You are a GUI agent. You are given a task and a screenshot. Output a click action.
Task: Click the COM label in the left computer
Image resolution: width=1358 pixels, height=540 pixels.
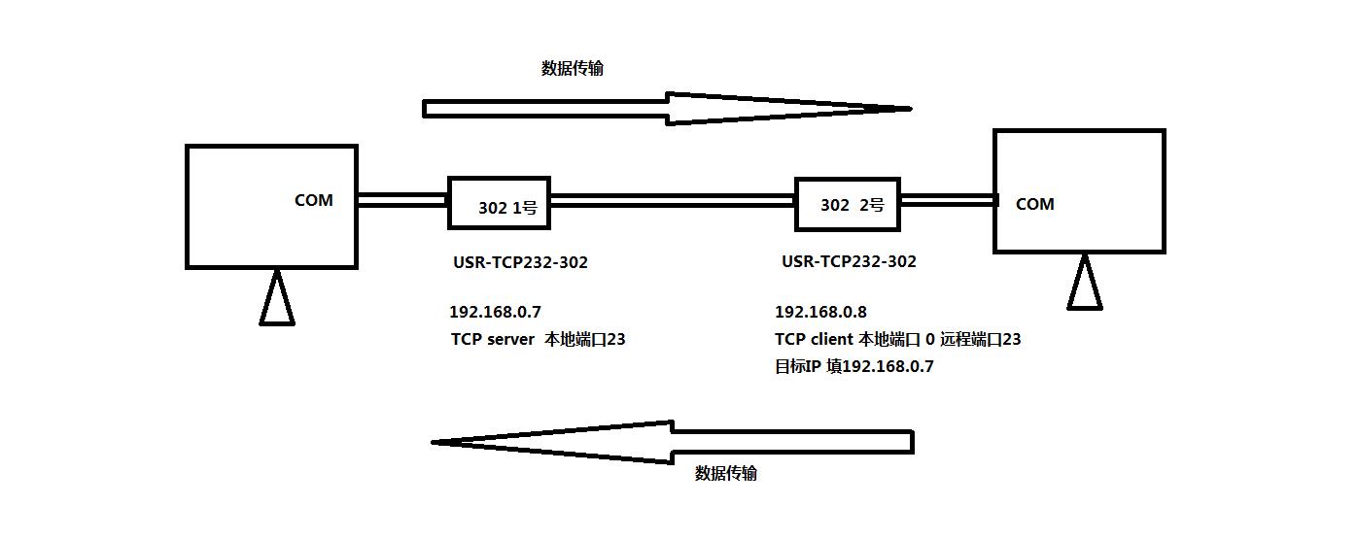click(x=313, y=200)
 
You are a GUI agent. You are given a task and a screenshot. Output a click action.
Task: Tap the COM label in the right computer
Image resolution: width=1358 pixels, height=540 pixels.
click(x=1034, y=204)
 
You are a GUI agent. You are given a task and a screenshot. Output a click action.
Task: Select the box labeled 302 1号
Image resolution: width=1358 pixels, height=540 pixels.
click(x=499, y=203)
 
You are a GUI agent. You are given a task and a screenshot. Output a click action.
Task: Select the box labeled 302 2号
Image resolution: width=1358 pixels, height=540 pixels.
click(x=847, y=204)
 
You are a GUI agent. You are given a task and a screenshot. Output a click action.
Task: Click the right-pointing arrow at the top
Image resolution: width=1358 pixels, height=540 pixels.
click(x=667, y=109)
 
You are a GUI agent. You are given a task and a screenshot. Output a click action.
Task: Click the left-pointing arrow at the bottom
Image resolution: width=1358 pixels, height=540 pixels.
click(x=673, y=442)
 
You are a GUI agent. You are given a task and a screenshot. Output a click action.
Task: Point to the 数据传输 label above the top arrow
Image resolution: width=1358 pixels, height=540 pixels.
click(x=573, y=68)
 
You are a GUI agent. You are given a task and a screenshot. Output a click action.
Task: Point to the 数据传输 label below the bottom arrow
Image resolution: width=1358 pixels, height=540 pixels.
click(x=726, y=473)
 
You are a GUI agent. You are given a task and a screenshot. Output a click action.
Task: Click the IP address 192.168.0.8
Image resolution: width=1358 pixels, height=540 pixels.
click(x=820, y=312)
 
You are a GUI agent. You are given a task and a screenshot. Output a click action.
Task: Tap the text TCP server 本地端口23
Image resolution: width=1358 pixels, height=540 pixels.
click(x=538, y=339)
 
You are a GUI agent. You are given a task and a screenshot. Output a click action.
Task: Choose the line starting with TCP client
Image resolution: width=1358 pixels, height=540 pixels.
click(x=897, y=339)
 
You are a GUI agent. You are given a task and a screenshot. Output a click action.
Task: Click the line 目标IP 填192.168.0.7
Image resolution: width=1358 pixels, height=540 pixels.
click(x=853, y=366)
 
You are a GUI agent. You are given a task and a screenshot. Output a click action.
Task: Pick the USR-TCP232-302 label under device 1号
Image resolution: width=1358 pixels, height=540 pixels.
click(x=520, y=261)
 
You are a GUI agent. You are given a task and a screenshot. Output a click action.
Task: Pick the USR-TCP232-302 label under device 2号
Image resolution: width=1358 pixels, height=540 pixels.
click(x=849, y=260)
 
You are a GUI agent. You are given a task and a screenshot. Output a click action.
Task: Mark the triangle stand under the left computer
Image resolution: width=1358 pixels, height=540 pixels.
click(x=277, y=301)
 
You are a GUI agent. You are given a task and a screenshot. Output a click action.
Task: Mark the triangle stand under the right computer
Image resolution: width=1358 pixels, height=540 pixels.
click(x=1085, y=286)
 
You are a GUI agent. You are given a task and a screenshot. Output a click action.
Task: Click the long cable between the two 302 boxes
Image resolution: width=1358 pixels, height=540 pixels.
click(x=673, y=201)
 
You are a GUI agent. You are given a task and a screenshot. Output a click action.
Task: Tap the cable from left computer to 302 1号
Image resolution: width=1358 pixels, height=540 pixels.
click(x=402, y=200)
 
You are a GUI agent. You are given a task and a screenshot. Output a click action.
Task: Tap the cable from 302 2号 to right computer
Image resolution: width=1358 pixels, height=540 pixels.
click(x=947, y=201)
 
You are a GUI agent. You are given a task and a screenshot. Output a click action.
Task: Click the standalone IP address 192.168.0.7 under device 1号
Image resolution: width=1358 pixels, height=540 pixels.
click(x=495, y=312)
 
